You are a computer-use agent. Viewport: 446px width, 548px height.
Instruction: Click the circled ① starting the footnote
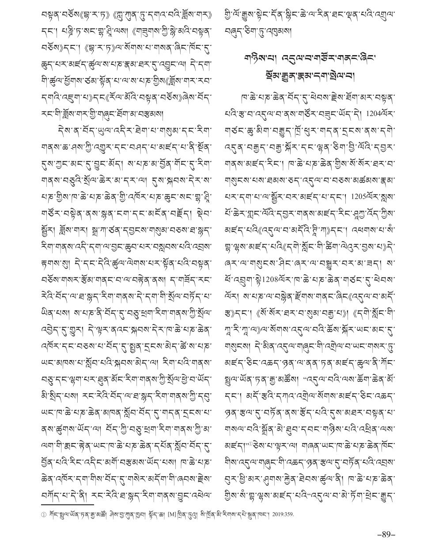point(43,514)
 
